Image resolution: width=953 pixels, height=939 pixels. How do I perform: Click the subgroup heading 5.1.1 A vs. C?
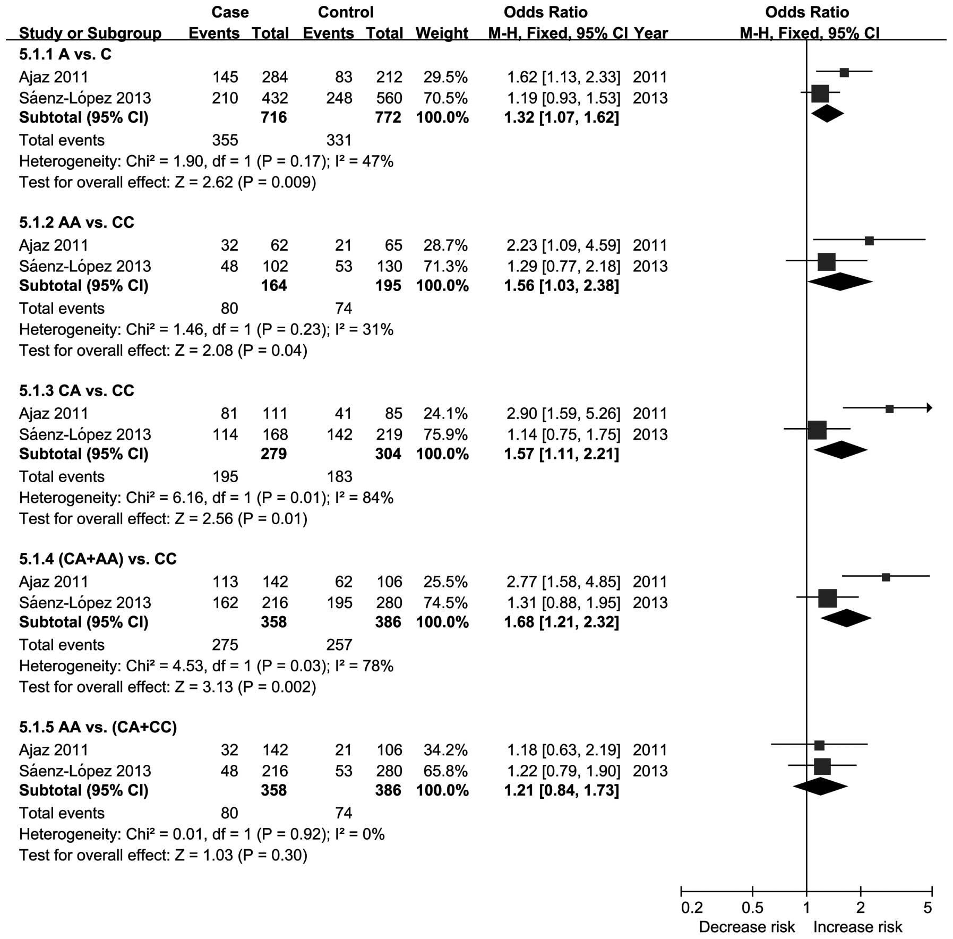point(65,54)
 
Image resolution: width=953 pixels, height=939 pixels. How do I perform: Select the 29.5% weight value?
point(445,77)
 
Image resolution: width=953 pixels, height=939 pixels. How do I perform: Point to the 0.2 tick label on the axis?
point(692,907)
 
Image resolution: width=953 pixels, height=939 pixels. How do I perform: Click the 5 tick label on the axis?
point(927,907)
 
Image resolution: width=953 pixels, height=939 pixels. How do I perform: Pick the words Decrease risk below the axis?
point(746,927)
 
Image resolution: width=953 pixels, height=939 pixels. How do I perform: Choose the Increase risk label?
point(857,927)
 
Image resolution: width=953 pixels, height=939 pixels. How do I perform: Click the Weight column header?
point(442,33)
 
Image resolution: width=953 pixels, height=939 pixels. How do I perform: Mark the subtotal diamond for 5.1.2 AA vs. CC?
point(840,281)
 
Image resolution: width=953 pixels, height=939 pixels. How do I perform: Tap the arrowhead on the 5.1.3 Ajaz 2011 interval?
point(929,408)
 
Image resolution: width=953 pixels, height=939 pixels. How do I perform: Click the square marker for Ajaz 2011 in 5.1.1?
point(844,73)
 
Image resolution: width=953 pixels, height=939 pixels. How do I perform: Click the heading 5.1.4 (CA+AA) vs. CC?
point(98,559)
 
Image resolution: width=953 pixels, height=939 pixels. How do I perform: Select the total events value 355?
point(225,140)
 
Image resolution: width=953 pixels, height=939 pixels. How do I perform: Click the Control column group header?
point(346,12)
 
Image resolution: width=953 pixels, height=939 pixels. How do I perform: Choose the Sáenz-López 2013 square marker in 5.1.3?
point(817,429)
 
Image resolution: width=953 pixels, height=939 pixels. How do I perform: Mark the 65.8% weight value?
point(445,771)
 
